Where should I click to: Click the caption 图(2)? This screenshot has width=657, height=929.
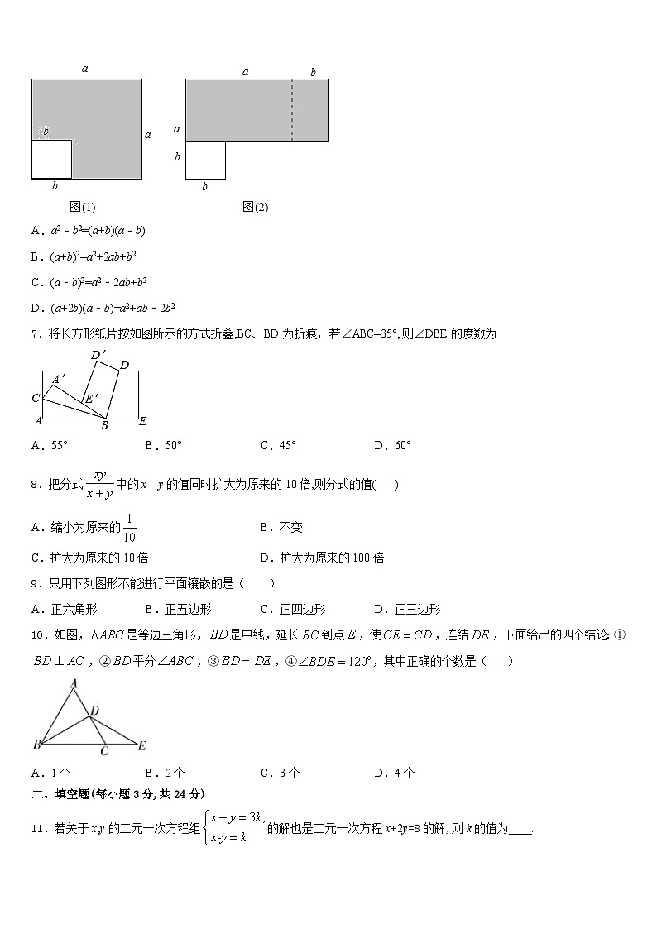pyautogui.click(x=256, y=207)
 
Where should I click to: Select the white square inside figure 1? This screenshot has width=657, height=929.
pyautogui.click(x=51, y=159)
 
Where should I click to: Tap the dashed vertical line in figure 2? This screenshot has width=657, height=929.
pyautogui.click(x=292, y=110)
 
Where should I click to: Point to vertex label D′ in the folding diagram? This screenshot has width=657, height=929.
pyautogui.click(x=98, y=356)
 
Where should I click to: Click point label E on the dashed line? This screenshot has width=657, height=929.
pyautogui.click(x=142, y=422)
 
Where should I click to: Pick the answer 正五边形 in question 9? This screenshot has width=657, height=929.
pyautogui.click(x=179, y=609)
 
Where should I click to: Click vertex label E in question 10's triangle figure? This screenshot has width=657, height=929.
pyautogui.click(x=141, y=746)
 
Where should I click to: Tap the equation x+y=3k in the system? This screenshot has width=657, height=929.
pyautogui.click(x=237, y=817)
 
